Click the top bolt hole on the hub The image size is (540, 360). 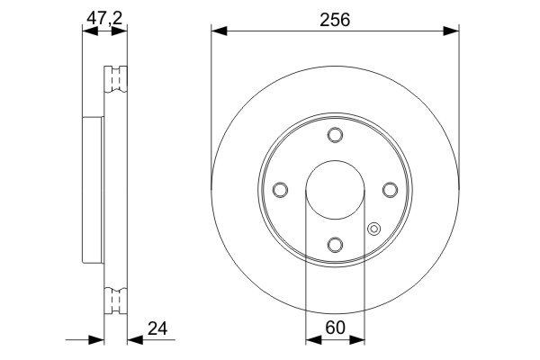pos(335,135)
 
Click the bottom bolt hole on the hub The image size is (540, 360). pos(335,245)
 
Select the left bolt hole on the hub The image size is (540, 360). pos(280,190)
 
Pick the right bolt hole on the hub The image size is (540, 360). pos(390,190)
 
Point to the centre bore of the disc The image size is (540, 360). pos(335,190)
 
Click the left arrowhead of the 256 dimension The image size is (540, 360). pos(217,31)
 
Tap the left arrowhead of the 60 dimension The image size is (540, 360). pos(311,340)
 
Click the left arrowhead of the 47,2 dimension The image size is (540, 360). pos(87,31)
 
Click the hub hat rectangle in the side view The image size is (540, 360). pos(93,189)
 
